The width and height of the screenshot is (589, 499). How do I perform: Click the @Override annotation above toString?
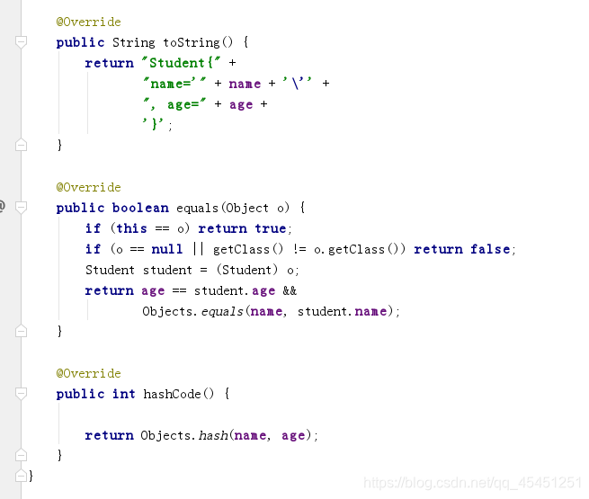tap(88, 22)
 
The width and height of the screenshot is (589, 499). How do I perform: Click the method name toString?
tap(191, 42)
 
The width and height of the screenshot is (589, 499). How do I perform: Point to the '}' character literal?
tap(155, 125)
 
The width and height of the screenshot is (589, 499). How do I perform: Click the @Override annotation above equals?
tap(88, 187)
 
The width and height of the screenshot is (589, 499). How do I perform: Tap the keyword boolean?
tap(140, 208)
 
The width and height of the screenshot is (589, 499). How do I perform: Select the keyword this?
tap(131, 228)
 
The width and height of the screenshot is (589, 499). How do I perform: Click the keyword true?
tap(270, 228)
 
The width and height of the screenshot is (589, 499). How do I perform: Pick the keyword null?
tap(167, 249)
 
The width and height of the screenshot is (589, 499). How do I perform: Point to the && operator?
tap(289, 290)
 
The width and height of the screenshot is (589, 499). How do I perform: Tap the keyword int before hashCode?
tap(124, 394)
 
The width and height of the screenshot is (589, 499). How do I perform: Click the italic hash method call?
tap(213, 435)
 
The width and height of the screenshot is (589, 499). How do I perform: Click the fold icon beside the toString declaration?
tap(21, 42)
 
